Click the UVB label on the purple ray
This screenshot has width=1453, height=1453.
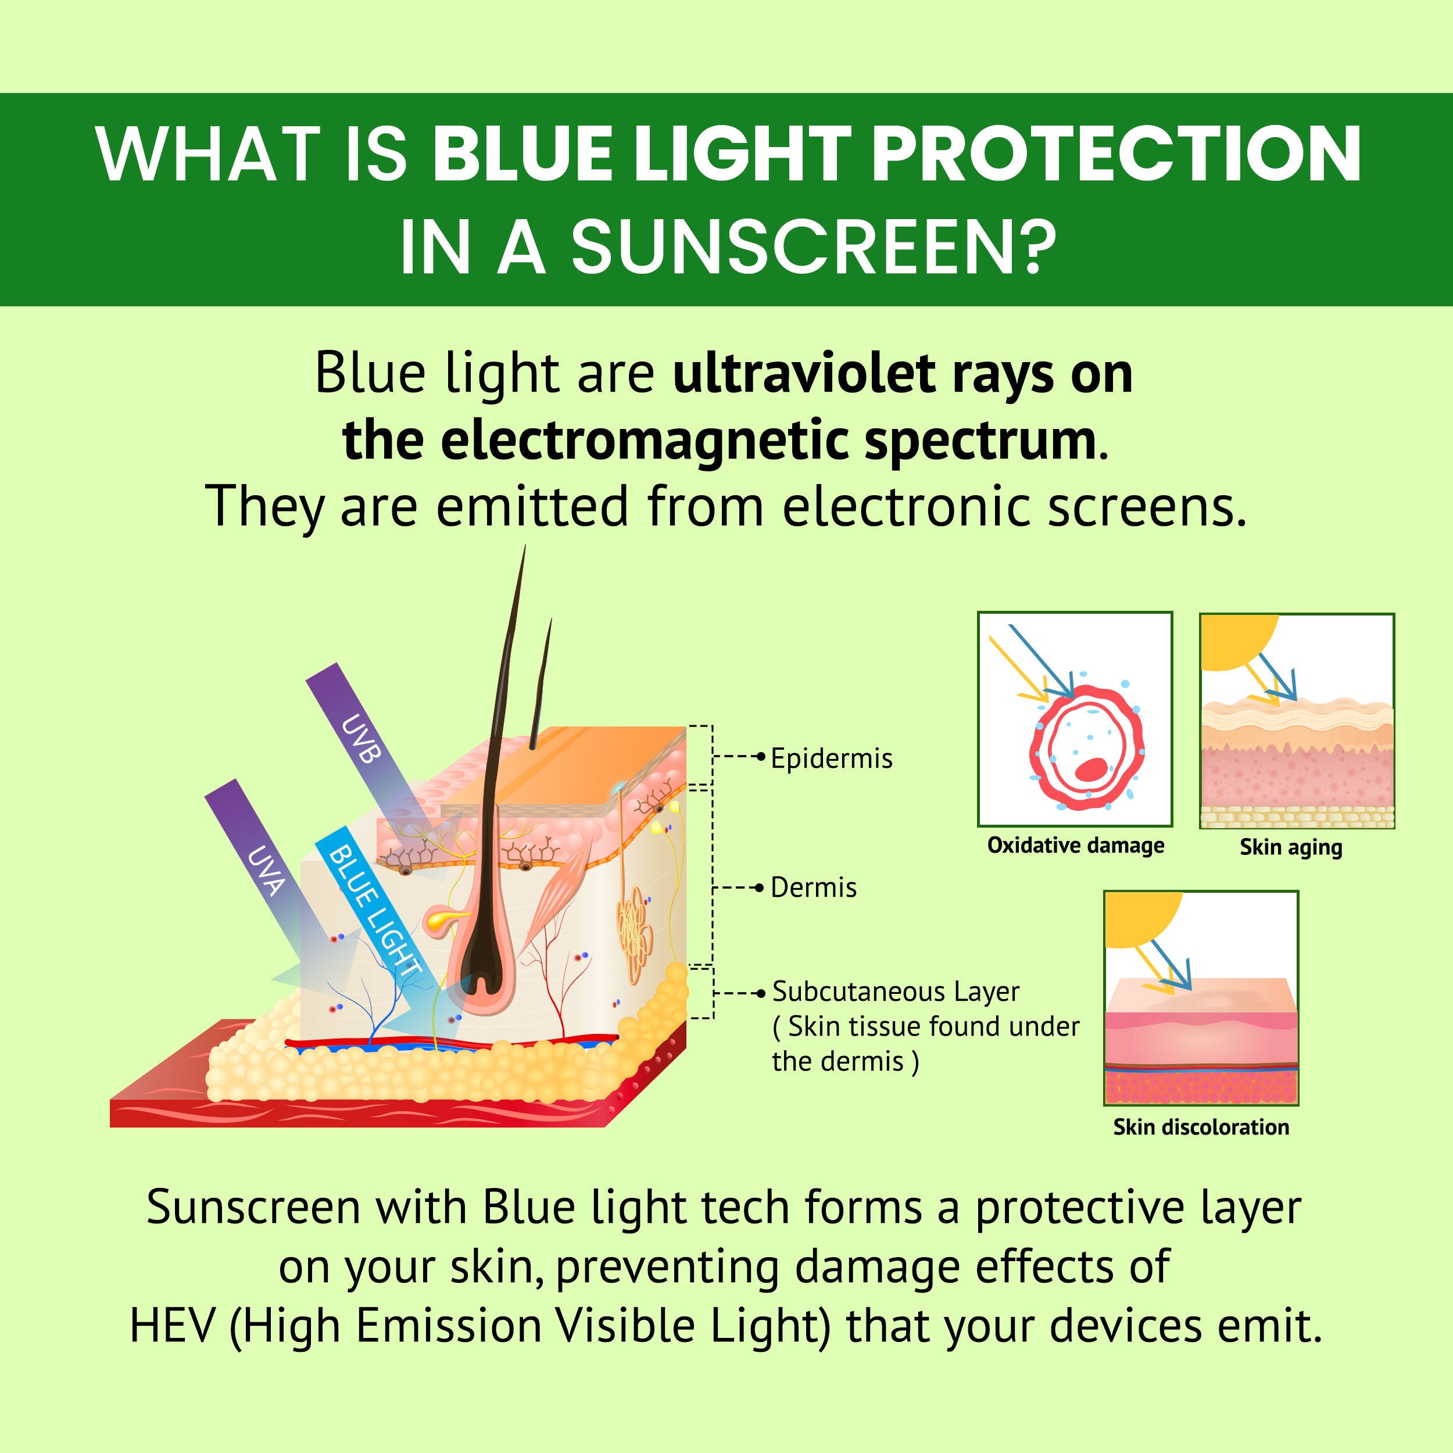(360, 739)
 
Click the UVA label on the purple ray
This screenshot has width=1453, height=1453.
(264, 871)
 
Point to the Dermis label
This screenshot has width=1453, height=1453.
(813, 888)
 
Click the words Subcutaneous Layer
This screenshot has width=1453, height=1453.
(895, 992)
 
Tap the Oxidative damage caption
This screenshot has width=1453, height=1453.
(1075, 845)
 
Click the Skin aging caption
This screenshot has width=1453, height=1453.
(1290, 847)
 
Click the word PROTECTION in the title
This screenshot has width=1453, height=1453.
(1116, 153)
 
